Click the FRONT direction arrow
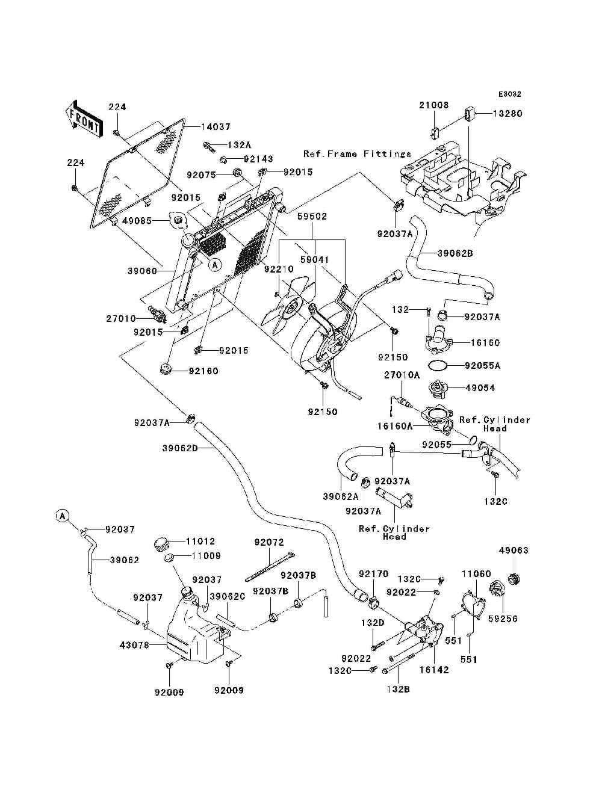[x=84, y=119]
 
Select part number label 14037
[x=216, y=126]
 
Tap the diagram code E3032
[x=509, y=94]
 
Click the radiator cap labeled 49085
[x=178, y=220]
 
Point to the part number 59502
[x=312, y=216]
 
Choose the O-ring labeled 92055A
[x=438, y=365]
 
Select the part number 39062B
[x=455, y=253]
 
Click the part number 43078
[x=134, y=646]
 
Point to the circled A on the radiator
[x=215, y=265]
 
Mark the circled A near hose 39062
[x=63, y=516]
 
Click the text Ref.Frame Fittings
[x=358, y=154]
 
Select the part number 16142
[x=434, y=670]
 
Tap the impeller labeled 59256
[x=497, y=590]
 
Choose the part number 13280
[x=507, y=114]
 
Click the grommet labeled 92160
[x=166, y=369]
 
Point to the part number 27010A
[x=402, y=375]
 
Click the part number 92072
[x=269, y=542]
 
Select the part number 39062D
[x=180, y=448]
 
